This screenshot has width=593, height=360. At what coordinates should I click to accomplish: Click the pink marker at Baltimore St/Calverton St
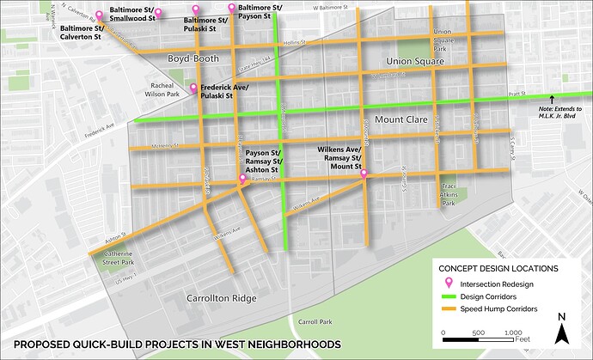pyautogui.click(x=100, y=15)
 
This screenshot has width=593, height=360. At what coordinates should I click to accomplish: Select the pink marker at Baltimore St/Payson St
pyautogui.click(x=231, y=9)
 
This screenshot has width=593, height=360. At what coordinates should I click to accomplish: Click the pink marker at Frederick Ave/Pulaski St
pyautogui.click(x=193, y=88)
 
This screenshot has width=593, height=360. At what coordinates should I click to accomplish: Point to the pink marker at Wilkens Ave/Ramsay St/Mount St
pyautogui.click(x=364, y=174)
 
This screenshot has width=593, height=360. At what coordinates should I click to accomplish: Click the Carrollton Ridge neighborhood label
pyautogui.click(x=221, y=298)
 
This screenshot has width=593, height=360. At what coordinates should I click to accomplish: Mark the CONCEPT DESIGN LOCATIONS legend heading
pyautogui.click(x=497, y=266)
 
